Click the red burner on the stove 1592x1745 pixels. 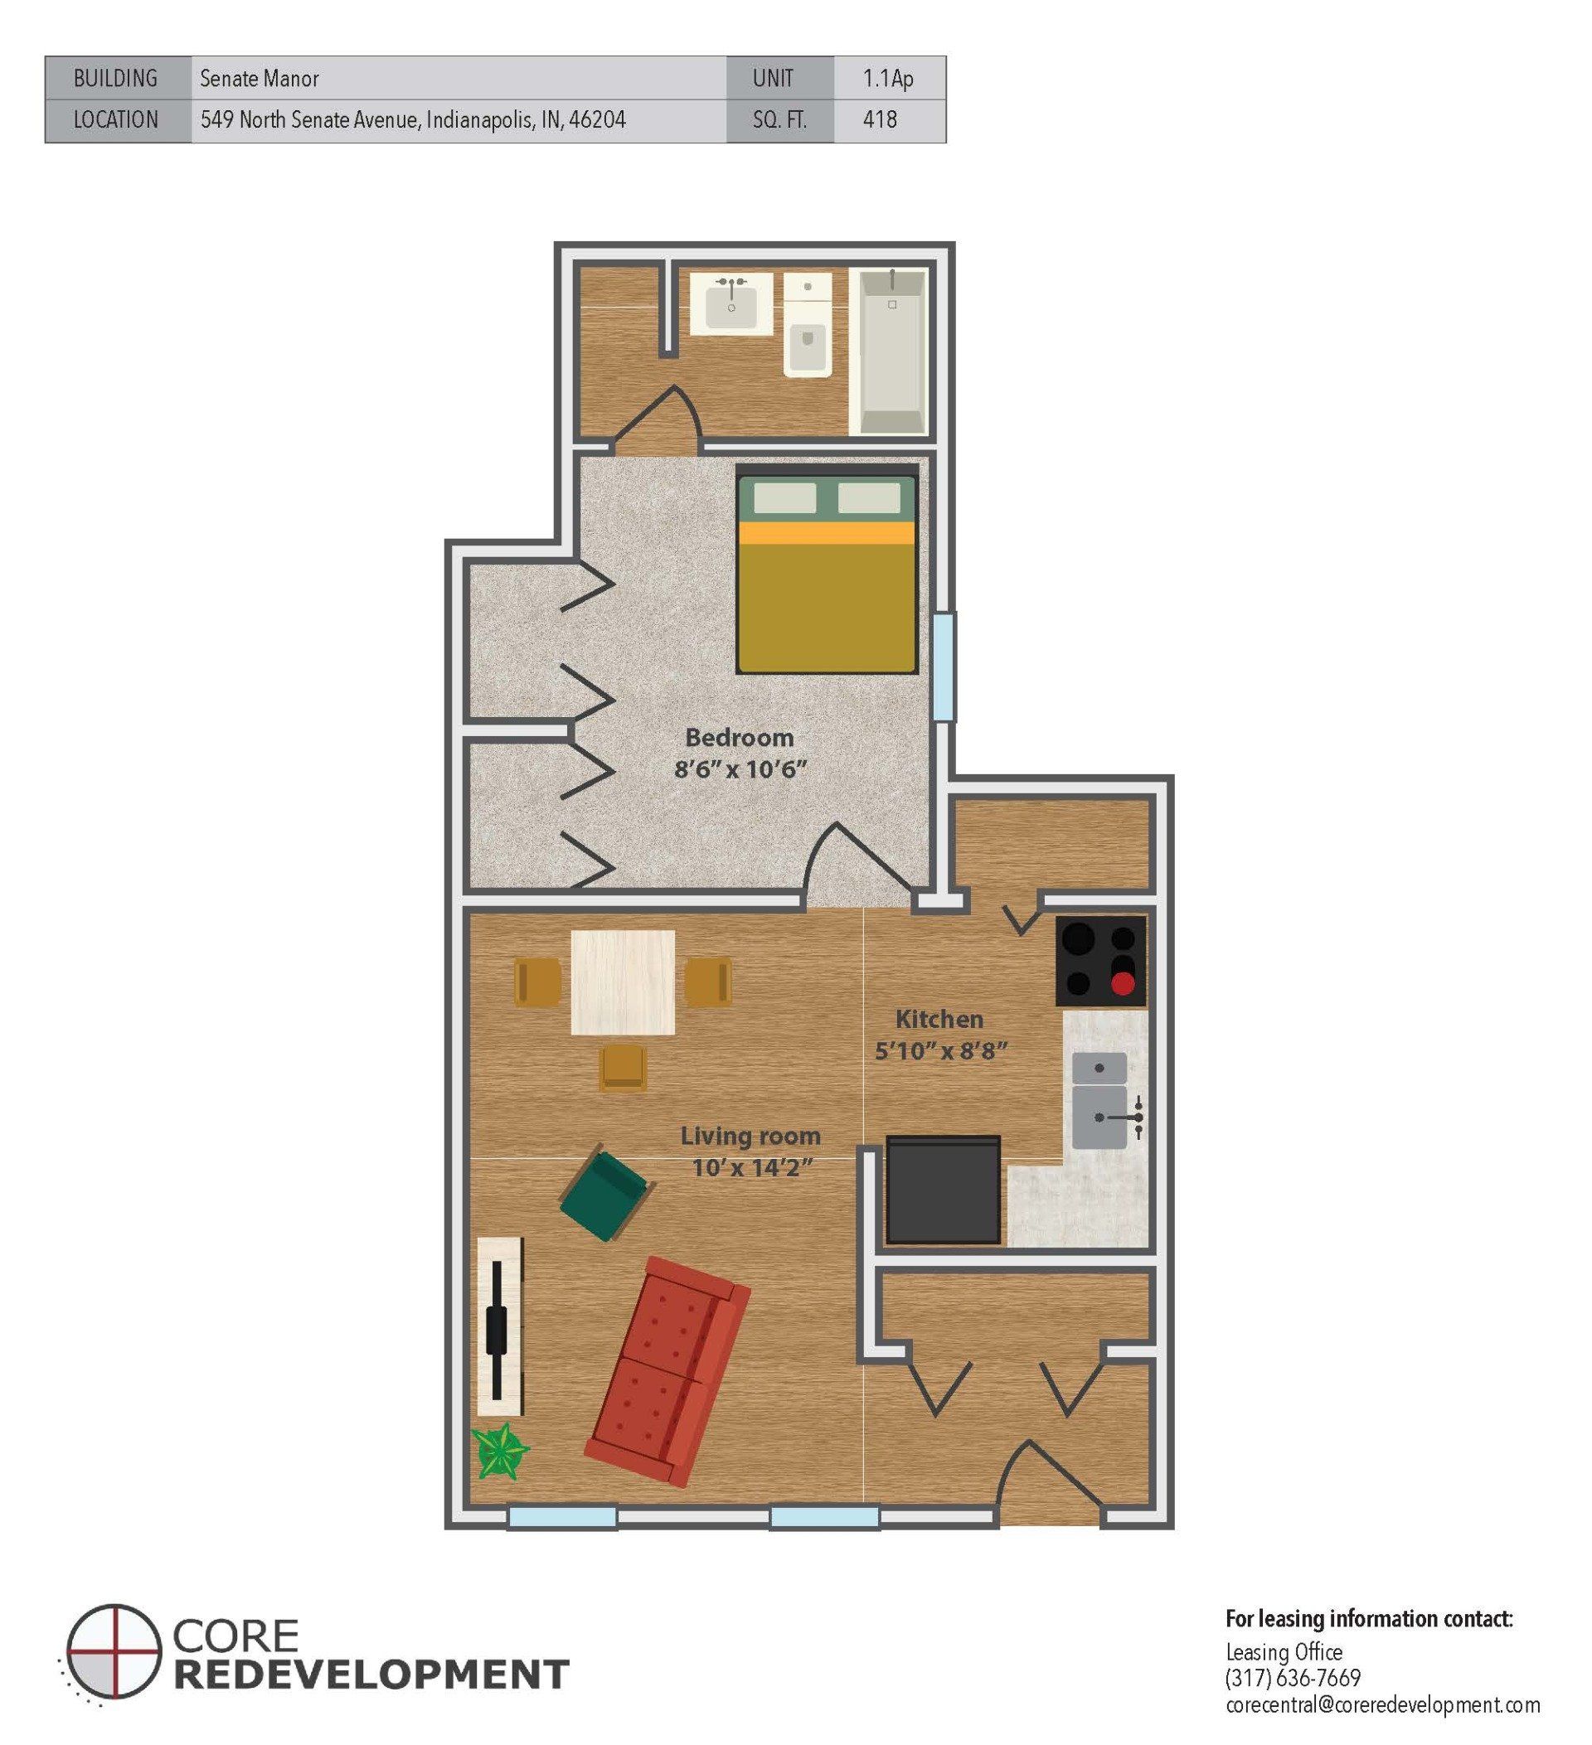(x=1123, y=983)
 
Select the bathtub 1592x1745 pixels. (x=889, y=351)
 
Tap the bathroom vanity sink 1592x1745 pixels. (x=731, y=303)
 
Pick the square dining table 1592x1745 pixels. (x=624, y=982)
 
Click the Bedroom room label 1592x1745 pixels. (x=740, y=738)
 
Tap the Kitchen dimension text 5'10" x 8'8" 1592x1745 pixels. (x=941, y=1051)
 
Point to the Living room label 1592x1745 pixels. (x=750, y=1136)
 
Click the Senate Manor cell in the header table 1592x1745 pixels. (x=260, y=79)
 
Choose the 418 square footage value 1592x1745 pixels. (x=880, y=119)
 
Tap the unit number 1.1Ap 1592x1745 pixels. (x=887, y=79)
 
